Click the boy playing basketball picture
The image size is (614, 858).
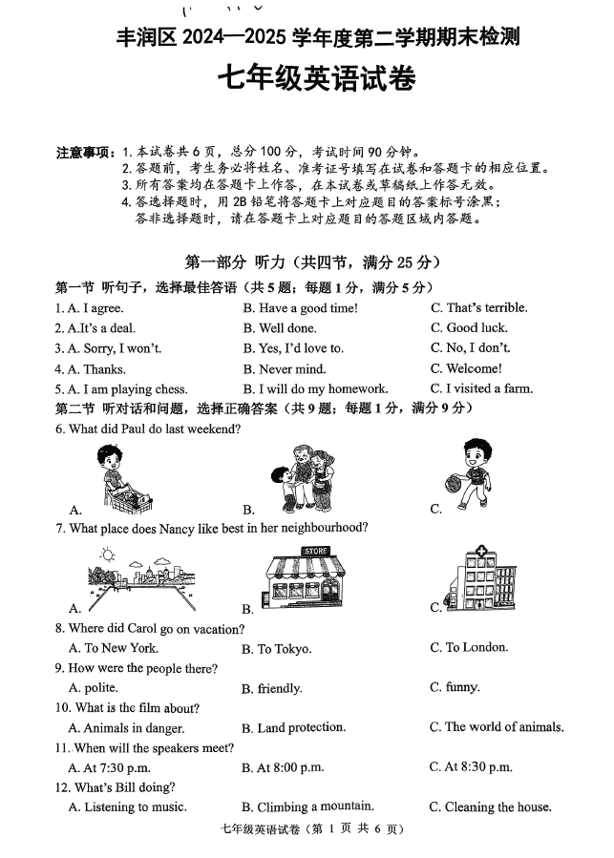pyautogui.click(x=474, y=472)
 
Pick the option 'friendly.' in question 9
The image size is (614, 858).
pyautogui.click(x=279, y=688)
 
